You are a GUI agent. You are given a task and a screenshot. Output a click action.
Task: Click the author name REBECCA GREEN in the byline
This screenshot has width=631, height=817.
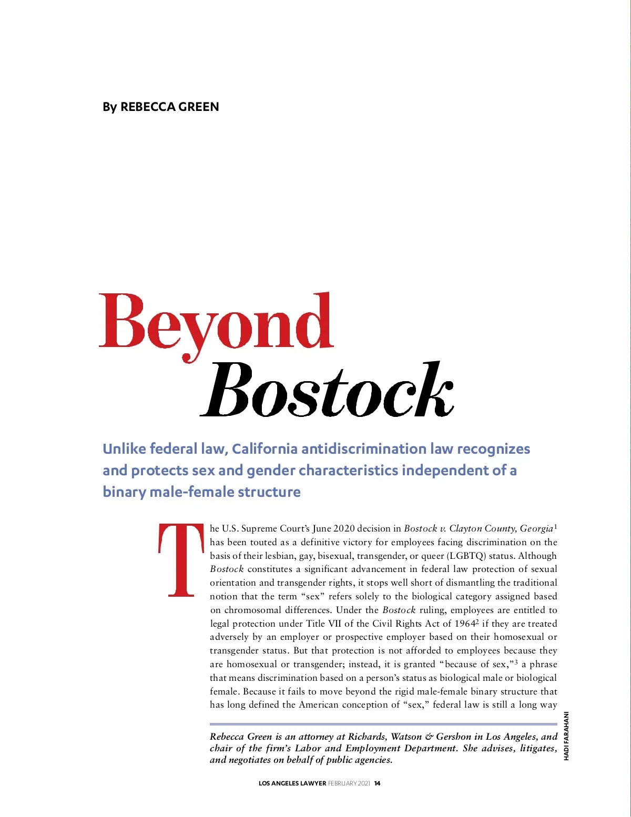pyautogui.click(x=169, y=107)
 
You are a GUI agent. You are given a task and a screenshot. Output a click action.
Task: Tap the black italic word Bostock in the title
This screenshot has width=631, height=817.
pyautogui.click(x=327, y=390)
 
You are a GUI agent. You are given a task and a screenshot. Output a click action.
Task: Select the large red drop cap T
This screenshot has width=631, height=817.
pyautogui.click(x=181, y=560)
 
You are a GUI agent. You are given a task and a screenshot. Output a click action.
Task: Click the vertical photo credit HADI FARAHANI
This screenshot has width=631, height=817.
pyautogui.click(x=566, y=736)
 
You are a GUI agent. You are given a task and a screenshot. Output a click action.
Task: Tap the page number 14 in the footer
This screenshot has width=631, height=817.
pyautogui.click(x=377, y=783)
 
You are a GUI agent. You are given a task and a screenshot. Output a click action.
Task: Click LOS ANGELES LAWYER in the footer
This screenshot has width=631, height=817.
pyautogui.click(x=292, y=783)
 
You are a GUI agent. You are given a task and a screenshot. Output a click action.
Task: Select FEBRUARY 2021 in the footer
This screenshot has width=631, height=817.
pyautogui.click(x=349, y=783)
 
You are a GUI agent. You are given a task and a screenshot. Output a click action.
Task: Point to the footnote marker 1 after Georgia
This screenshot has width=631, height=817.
pyautogui.click(x=555, y=526)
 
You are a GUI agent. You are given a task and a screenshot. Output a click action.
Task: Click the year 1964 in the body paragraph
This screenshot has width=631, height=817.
pyautogui.click(x=464, y=624)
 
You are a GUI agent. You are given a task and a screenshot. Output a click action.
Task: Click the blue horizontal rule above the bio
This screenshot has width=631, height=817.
pyautogui.click(x=383, y=724)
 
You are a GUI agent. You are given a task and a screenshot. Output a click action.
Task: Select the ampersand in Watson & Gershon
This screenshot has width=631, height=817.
pyautogui.click(x=430, y=737)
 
